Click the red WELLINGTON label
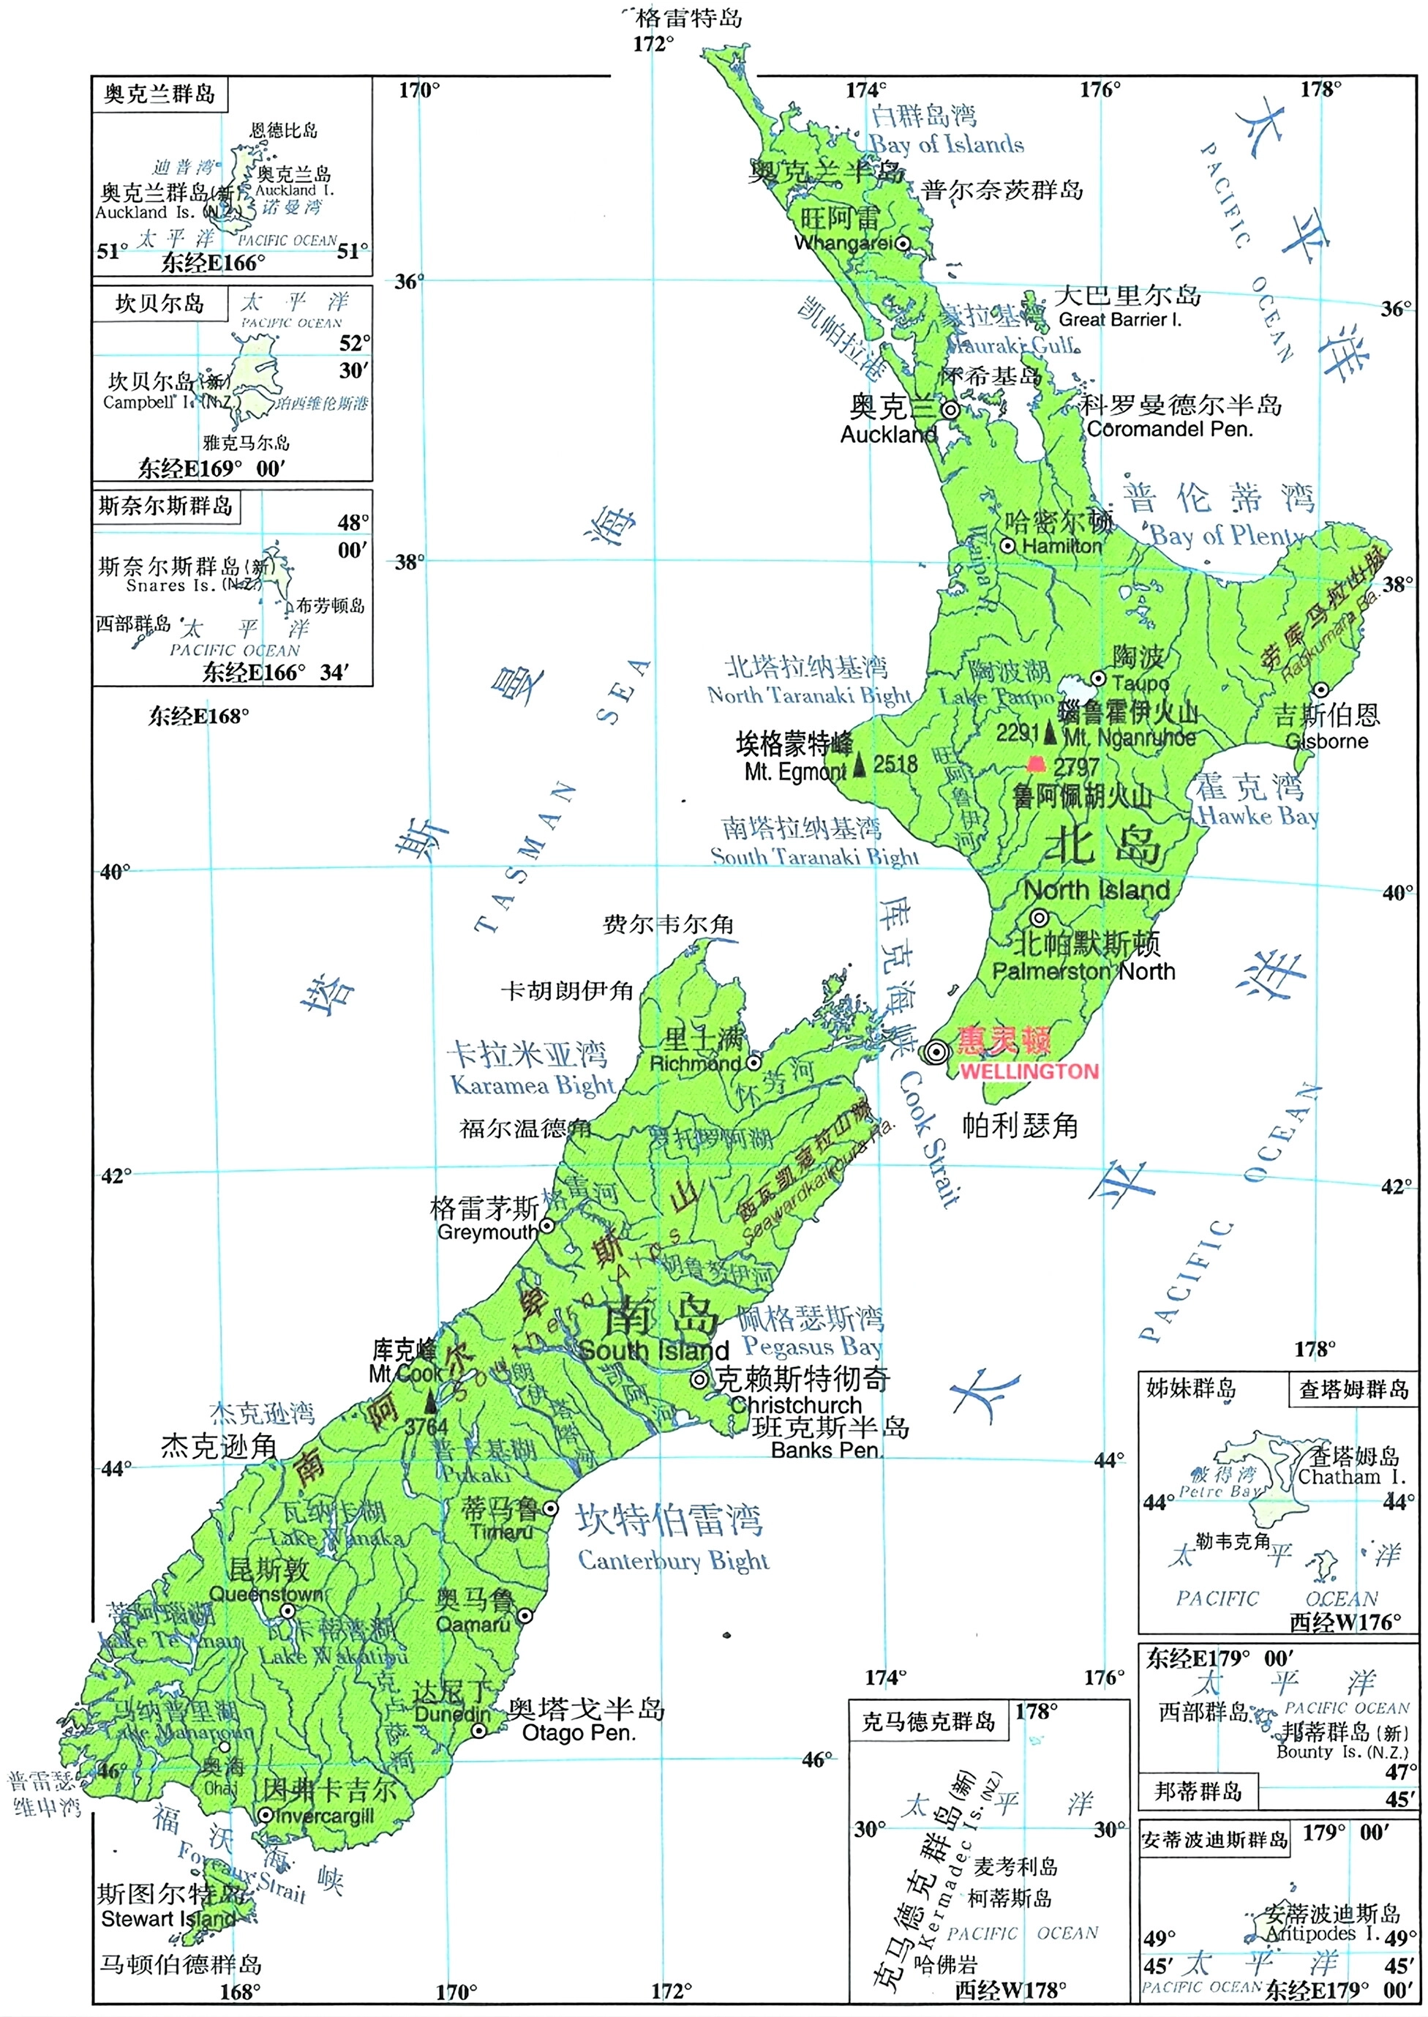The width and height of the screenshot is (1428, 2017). [x=1028, y=1071]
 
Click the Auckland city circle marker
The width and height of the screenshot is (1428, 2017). [x=950, y=410]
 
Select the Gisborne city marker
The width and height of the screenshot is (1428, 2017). [x=1320, y=689]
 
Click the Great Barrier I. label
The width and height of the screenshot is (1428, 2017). [x=1119, y=320]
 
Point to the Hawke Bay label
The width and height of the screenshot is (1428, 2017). [x=1258, y=816]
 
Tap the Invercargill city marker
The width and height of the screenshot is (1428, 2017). [x=265, y=1815]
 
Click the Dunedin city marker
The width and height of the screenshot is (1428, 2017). [x=478, y=1730]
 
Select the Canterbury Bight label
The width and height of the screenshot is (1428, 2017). [x=673, y=1561]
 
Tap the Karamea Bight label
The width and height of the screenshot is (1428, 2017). [x=532, y=1085]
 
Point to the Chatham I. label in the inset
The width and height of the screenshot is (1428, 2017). [x=1351, y=1477]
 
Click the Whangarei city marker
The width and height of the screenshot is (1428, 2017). [x=903, y=243]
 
